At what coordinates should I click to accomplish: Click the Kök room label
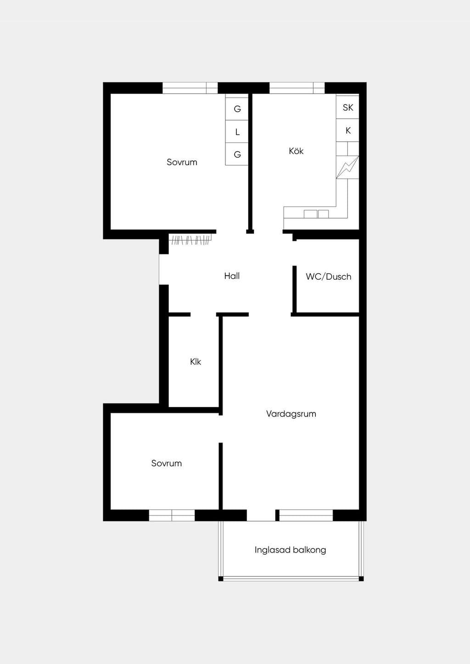click(296, 151)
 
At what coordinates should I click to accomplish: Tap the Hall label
click(232, 276)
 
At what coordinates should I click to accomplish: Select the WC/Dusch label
click(329, 277)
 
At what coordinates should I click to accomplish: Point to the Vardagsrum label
click(291, 414)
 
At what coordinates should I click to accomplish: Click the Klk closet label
click(196, 362)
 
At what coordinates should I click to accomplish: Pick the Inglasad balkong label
click(290, 550)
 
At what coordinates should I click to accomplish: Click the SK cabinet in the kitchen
click(347, 107)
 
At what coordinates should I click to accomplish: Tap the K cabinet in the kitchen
click(347, 130)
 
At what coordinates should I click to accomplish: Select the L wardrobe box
click(237, 132)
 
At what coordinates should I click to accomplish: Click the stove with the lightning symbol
click(347, 167)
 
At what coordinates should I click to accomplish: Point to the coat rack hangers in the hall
click(191, 240)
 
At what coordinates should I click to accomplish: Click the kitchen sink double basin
click(316, 214)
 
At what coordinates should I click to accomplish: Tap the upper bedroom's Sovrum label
click(182, 162)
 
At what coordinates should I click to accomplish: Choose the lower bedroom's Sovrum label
click(167, 463)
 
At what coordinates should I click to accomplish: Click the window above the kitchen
click(297, 88)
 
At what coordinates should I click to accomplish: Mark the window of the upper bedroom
click(190, 88)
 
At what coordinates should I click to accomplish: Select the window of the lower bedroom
click(172, 515)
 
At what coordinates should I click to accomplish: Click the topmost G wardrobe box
click(237, 109)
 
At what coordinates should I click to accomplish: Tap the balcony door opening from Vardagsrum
click(261, 515)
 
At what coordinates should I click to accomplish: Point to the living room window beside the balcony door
click(306, 515)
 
